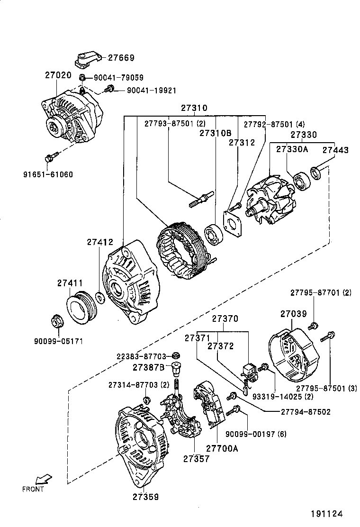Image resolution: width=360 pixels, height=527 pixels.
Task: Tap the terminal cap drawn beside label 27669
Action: click(89, 58)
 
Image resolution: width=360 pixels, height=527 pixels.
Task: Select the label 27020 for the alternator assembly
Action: click(58, 75)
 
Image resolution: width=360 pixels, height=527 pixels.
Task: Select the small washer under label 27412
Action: click(100, 298)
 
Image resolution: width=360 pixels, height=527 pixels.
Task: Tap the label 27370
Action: click(225, 319)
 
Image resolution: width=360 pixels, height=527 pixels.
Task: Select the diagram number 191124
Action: click(326, 513)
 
